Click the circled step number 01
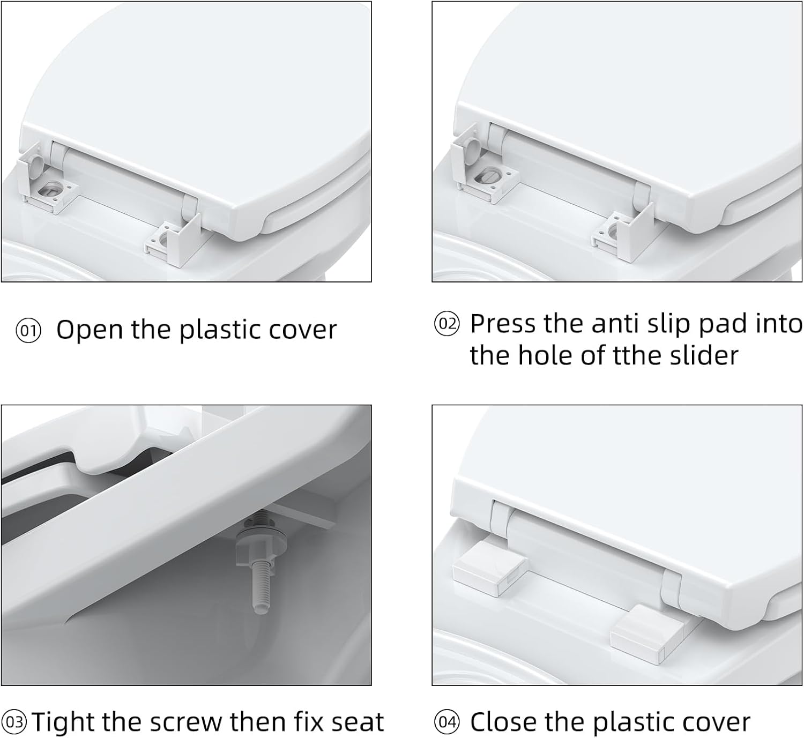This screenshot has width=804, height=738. pos(28,331)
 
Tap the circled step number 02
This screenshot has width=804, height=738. pos(447,324)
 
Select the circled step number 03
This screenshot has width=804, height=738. pos(14,722)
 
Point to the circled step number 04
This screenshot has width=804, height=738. pos(447,722)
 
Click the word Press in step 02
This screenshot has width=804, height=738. pos(503,323)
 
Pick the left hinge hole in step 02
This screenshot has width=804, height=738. pos(488,176)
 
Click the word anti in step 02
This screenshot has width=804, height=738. pos(616,323)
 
